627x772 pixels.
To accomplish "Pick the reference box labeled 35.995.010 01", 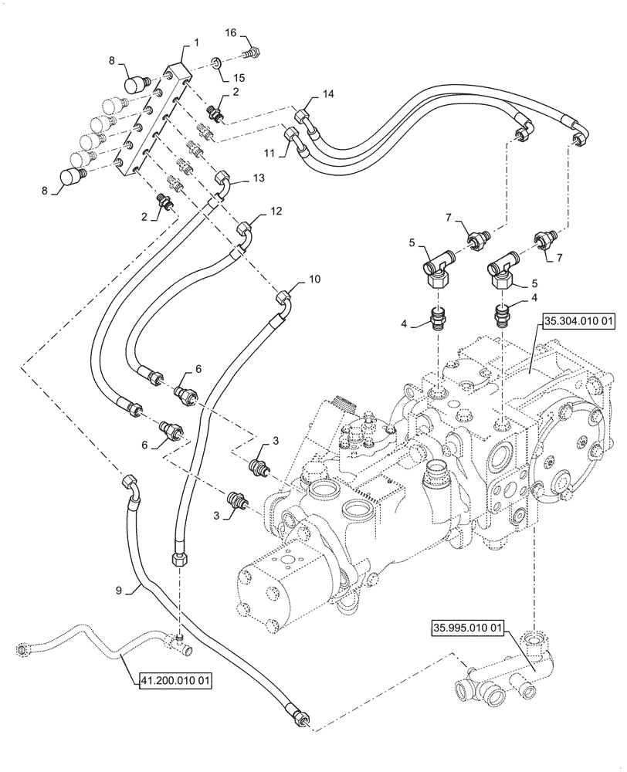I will click(466, 629).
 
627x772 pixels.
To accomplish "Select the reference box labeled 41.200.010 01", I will click(175, 681).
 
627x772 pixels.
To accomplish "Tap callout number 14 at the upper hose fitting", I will click(329, 93).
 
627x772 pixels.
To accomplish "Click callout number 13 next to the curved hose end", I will click(258, 177).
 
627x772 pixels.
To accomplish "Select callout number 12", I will click(276, 211).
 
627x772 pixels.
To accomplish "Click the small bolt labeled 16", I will click(252, 52).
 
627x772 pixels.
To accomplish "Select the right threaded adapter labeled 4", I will click(503, 315).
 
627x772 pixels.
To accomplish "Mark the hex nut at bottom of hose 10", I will click(178, 557).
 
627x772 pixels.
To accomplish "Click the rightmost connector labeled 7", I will click(544, 239).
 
